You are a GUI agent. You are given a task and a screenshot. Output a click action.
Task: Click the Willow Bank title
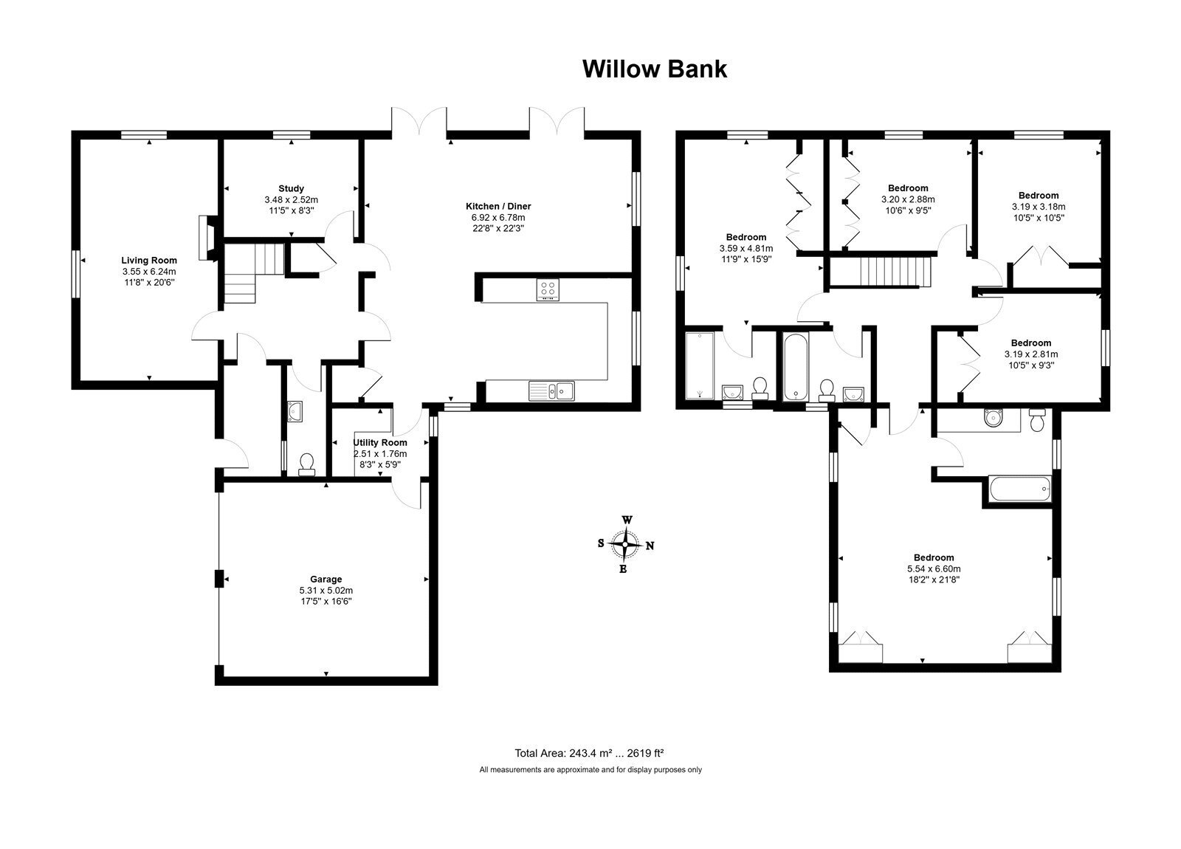point(654,69)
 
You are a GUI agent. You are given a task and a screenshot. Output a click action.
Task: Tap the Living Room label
point(149,260)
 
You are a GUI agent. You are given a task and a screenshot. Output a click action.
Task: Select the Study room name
point(291,188)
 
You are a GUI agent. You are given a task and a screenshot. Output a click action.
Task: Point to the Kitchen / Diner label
point(498,206)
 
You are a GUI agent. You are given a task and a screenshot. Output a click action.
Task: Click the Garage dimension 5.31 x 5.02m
point(326,590)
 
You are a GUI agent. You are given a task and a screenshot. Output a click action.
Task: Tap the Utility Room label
point(379,442)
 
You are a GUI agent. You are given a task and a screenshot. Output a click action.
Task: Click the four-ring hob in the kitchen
point(548,289)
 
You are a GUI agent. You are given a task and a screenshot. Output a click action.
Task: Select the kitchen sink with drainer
point(551,391)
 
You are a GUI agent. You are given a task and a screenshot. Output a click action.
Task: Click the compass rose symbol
point(625,544)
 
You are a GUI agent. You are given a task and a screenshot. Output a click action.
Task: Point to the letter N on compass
point(650,546)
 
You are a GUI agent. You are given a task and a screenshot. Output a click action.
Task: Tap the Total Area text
point(589,753)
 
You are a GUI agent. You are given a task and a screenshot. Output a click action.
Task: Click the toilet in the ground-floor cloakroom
point(306,464)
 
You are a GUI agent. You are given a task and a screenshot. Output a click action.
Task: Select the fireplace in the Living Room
point(207,238)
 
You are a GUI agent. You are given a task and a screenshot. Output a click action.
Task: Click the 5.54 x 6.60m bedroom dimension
point(934,568)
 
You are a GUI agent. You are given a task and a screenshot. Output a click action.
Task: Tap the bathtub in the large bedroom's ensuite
point(1020,489)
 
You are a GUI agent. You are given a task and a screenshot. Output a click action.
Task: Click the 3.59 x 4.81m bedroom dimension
point(746,248)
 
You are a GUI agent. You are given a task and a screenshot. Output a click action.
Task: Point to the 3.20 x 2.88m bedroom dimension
point(908,199)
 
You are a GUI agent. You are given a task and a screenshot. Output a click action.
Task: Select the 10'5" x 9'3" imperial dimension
point(1030,365)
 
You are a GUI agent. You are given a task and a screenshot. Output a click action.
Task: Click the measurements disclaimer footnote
point(590,770)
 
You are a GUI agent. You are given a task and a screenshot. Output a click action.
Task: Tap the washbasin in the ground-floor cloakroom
point(295,411)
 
